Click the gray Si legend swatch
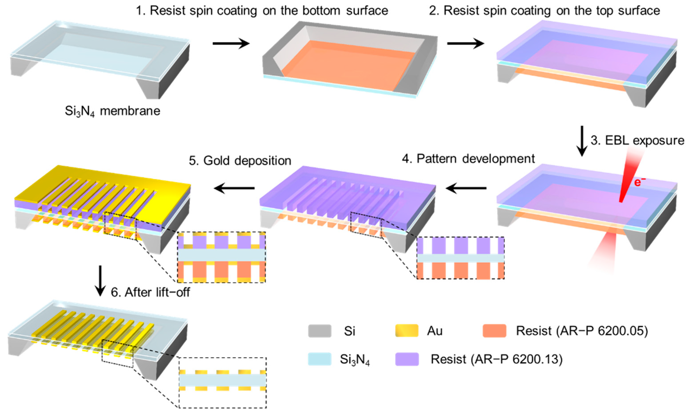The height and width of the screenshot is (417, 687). [x=320, y=331]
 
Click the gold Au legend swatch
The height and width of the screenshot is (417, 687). [x=407, y=331]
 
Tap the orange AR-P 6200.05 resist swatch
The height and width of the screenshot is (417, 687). [x=494, y=331]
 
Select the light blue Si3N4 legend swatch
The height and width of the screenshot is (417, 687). [x=320, y=359]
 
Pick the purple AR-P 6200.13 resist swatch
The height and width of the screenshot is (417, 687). [x=407, y=359]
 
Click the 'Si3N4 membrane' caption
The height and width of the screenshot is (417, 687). [x=112, y=111]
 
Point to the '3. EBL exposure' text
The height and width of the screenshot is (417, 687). [x=637, y=140]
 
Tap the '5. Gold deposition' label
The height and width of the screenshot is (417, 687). [x=240, y=161]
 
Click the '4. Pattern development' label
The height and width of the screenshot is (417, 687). [x=468, y=159]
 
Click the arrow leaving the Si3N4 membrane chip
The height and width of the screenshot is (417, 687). [x=231, y=43]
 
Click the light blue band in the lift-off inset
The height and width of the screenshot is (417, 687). [x=222, y=380]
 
